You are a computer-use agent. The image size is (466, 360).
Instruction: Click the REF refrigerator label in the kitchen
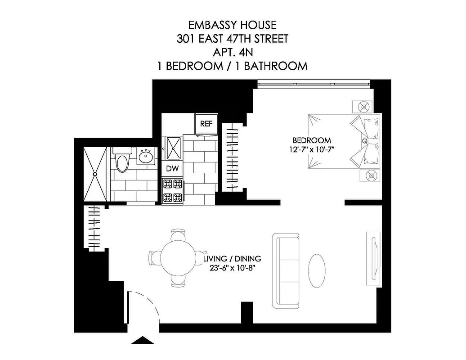pos(206,124)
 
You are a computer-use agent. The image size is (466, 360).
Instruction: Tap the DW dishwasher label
pos(172,168)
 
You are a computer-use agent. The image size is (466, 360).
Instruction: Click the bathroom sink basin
pos(146,157)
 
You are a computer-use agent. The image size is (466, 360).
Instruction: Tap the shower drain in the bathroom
pos(95,174)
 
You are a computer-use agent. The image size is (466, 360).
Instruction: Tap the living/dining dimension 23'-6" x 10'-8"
pos(232,268)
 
